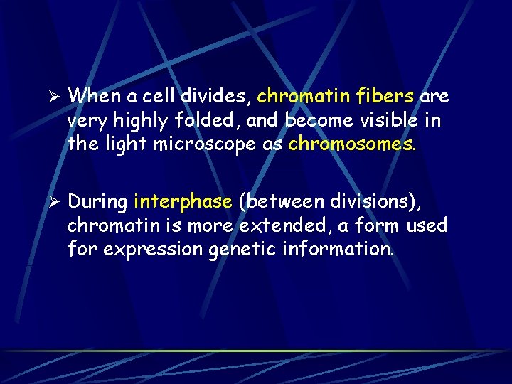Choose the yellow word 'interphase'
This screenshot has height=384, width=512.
[182, 203]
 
